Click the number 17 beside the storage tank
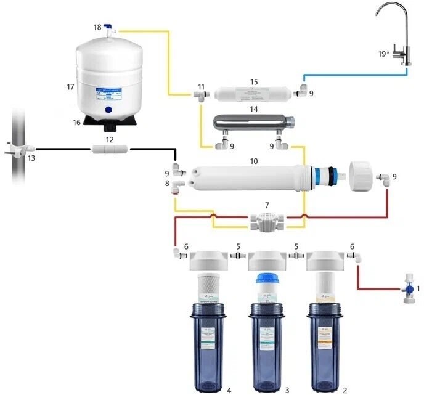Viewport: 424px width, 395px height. pos(70,88)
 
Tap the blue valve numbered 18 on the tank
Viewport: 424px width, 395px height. pos(108,28)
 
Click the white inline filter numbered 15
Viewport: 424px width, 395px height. pos(253,94)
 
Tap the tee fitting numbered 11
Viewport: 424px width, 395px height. pos(200,94)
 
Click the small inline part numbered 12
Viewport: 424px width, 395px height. pos(110,149)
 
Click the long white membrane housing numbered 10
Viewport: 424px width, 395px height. pos(247,177)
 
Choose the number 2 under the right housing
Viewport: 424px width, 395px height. pos(345,390)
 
